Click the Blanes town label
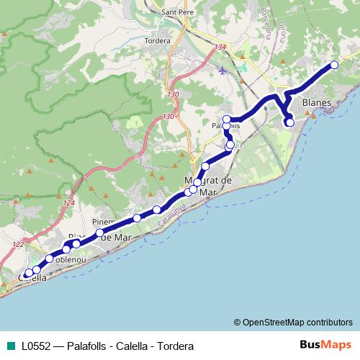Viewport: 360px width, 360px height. point(318,103)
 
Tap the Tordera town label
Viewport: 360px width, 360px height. point(158,41)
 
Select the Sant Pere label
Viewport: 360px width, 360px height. point(176,12)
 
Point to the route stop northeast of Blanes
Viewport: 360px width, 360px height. point(334,66)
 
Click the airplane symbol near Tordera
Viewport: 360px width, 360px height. point(222,71)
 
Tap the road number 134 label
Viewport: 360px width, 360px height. point(220,48)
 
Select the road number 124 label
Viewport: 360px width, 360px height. point(69,204)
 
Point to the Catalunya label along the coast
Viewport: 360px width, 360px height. point(172,218)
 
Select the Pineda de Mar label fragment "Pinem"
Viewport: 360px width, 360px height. point(105,220)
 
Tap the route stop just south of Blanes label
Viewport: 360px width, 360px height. point(289,122)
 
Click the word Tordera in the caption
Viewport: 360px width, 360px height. point(177,346)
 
